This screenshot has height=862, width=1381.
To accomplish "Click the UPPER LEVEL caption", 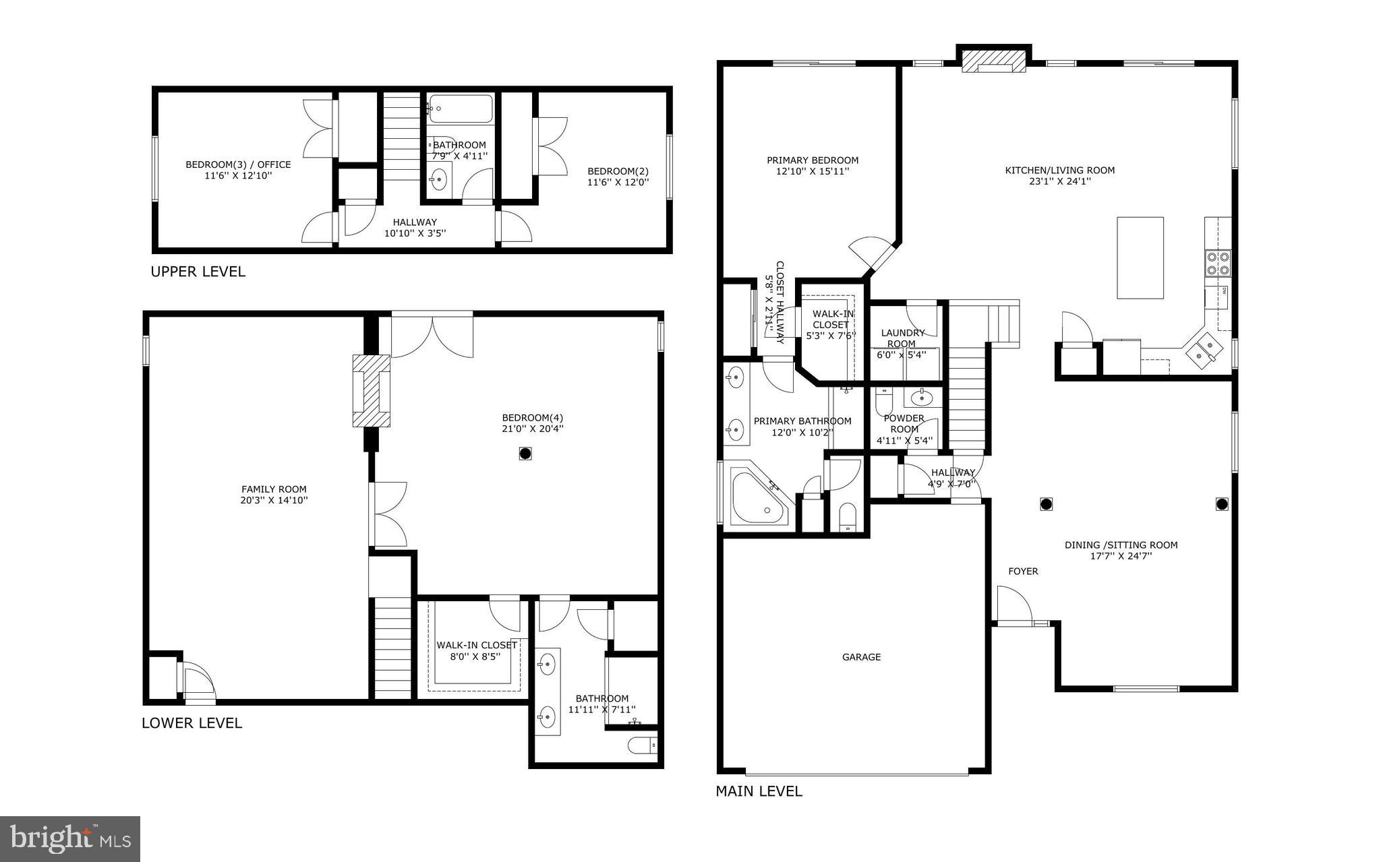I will [x=198, y=272].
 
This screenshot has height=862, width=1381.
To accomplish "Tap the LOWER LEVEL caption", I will [x=192, y=723].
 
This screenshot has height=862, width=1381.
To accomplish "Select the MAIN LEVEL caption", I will [x=759, y=791].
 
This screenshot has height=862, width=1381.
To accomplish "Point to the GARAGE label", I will [x=861, y=657].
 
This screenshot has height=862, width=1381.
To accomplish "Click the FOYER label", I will [x=1023, y=572].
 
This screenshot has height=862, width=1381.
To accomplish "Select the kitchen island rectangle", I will [x=1140, y=257].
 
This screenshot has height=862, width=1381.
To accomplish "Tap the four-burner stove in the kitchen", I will [x=1217, y=263].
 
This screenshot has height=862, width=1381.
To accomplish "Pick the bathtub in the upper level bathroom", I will [x=461, y=109].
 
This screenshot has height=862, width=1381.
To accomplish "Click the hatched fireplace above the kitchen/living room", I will [x=994, y=61].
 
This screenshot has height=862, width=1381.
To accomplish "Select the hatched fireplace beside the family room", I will [x=371, y=390].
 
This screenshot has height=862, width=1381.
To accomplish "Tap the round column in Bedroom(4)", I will [x=525, y=454].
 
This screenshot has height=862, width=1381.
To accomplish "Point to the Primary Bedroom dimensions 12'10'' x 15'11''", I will [x=812, y=172].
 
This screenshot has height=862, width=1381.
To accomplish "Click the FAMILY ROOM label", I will [x=274, y=489].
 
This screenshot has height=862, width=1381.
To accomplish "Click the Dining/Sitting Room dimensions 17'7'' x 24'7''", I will [x=1121, y=556].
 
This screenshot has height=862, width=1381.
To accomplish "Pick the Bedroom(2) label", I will [x=618, y=171].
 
